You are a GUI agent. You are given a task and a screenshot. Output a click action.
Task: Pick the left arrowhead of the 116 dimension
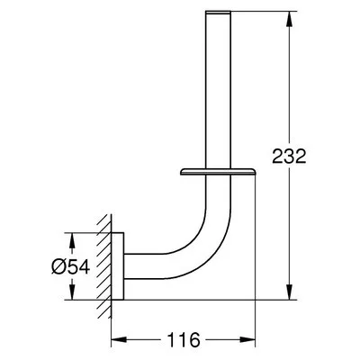[x=115, y=341]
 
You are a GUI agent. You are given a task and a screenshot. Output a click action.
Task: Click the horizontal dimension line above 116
[x=216, y=341]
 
